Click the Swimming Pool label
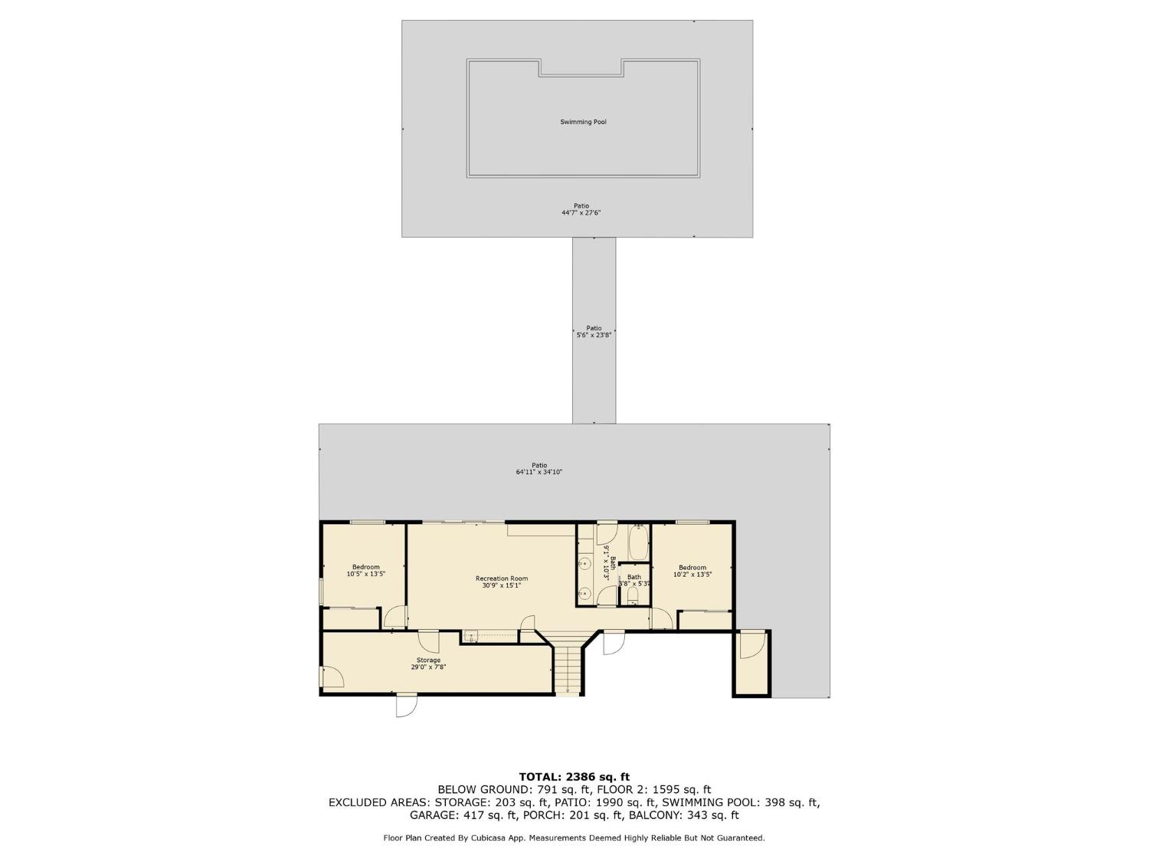coord(583,122)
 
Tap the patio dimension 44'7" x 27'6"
coord(581,212)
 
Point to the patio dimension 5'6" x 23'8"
coord(594,335)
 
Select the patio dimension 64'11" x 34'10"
coord(539,472)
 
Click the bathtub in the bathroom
coord(637,543)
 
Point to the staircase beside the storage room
coord(567,667)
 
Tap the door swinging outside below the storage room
coord(406,705)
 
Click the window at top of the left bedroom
coord(367,523)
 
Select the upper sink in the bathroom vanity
coord(584,565)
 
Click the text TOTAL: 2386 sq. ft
coord(574,777)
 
